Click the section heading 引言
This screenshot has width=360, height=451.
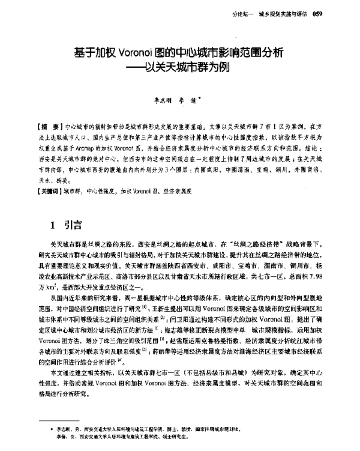pos(73,225)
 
